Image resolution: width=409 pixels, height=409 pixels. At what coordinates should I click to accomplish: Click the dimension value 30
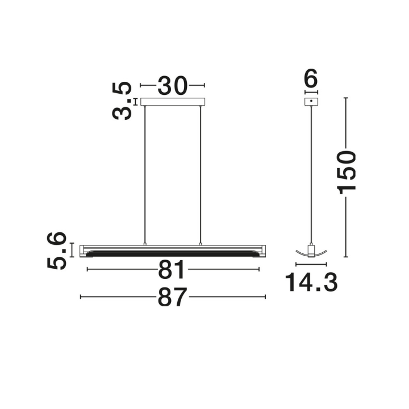pos(173,86)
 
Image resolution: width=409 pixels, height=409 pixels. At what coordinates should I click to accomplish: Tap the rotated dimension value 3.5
pos(122,101)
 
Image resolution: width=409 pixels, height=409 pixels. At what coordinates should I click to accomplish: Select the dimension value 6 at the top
pos(311,78)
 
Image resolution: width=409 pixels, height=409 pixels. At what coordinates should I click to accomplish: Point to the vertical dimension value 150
pos(347,173)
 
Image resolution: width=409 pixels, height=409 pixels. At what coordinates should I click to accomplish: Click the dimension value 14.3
pos(311,282)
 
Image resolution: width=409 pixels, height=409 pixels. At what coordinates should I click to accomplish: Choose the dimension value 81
pos(172,269)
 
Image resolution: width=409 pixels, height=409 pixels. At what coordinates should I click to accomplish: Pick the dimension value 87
pos(173,297)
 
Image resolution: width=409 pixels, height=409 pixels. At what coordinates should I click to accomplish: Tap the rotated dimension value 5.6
pos(57,251)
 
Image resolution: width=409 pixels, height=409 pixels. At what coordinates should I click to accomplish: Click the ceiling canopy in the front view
pos(173,102)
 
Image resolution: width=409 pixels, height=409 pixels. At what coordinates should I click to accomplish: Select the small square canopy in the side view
pos(311,102)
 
